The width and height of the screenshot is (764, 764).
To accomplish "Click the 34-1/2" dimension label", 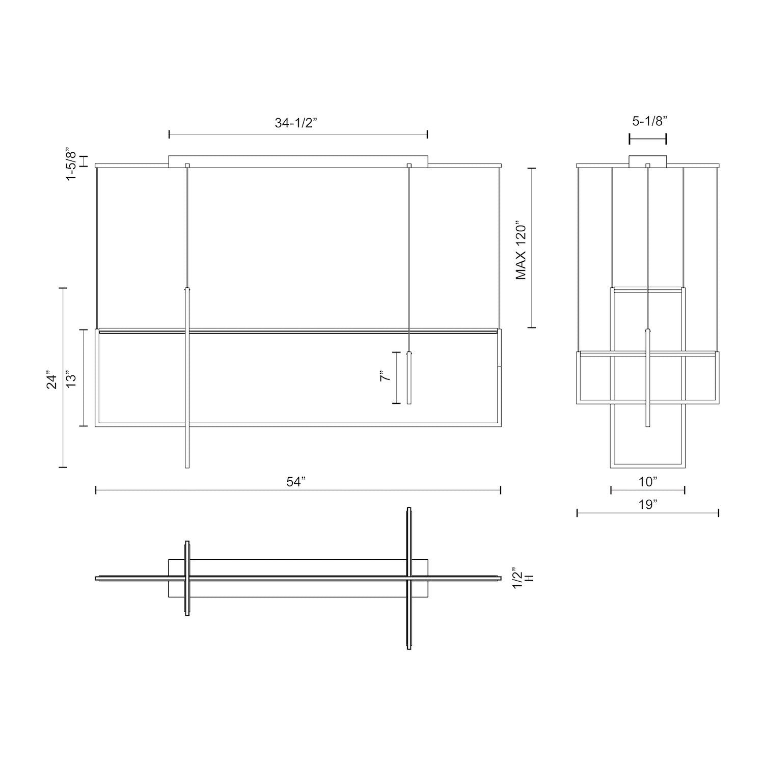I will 296,123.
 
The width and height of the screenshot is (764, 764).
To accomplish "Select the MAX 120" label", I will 521,250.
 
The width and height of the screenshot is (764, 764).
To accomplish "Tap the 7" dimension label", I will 385,377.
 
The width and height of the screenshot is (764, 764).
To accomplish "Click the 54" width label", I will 295,482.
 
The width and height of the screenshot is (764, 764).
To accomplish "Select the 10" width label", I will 647,481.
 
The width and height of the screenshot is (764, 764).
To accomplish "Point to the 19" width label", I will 647,505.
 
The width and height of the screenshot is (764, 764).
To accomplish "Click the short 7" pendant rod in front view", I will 409,377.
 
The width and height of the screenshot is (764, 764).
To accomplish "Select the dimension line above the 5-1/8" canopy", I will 647,139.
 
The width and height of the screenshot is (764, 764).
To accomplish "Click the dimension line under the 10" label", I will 647,490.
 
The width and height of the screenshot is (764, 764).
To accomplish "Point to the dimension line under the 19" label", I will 647,513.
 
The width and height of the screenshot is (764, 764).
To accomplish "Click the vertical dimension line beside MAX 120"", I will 532,248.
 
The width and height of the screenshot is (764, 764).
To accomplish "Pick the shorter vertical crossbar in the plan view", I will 187,578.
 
